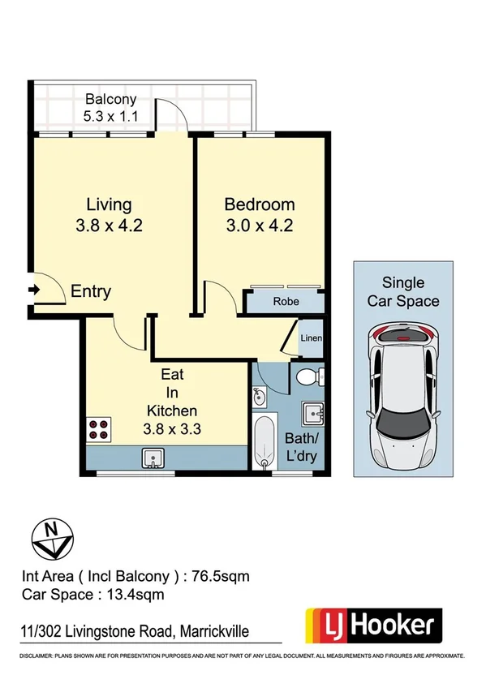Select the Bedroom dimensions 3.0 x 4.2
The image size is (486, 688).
click(259, 226)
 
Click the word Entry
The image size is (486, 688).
click(91, 292)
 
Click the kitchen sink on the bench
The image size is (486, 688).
click(153, 459)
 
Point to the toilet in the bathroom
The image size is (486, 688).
click(308, 376)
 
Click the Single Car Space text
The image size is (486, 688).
click(402, 292)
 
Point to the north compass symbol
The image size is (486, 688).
click(52, 537)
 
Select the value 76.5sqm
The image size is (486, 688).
click(220, 577)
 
